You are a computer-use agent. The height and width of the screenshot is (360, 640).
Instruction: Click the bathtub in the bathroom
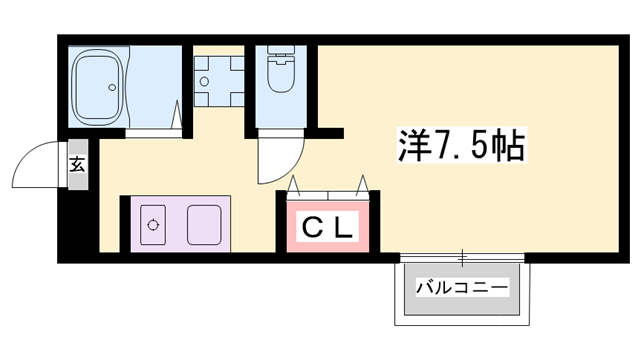97,87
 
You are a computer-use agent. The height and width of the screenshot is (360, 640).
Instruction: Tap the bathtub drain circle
112,87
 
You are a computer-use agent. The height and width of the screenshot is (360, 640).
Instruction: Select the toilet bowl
281,74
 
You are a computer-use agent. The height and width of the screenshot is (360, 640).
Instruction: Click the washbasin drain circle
204,82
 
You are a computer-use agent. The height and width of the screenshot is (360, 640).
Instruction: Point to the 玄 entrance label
78,164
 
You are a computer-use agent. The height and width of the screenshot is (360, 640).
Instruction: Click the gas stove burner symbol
153,225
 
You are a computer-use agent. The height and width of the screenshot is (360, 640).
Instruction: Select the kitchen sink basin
204,225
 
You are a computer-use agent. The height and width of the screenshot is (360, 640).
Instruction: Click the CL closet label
327,228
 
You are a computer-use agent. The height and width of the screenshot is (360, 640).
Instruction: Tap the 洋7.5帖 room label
461,145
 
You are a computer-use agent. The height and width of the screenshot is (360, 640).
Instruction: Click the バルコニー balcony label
462,287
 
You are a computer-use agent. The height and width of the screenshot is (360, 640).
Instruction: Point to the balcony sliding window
462,258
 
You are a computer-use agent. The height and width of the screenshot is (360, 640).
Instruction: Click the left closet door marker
294,186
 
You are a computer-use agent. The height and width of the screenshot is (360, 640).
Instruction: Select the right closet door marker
362,186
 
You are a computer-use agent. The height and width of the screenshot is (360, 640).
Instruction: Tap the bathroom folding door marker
177,115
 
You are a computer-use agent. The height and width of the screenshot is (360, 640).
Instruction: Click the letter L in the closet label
343,228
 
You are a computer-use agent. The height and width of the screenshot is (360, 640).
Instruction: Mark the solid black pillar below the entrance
78,222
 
